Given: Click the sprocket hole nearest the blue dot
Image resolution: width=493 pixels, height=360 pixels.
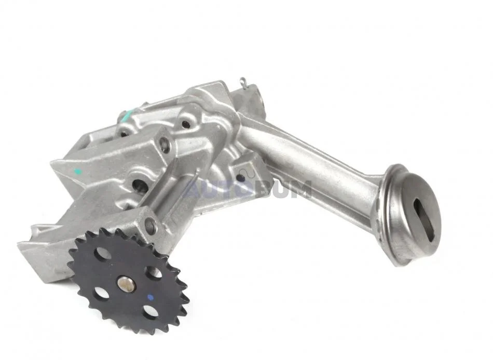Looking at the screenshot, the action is (x=150, y=311).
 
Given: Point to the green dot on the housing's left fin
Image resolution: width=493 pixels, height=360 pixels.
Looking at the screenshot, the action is (x=78, y=172).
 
